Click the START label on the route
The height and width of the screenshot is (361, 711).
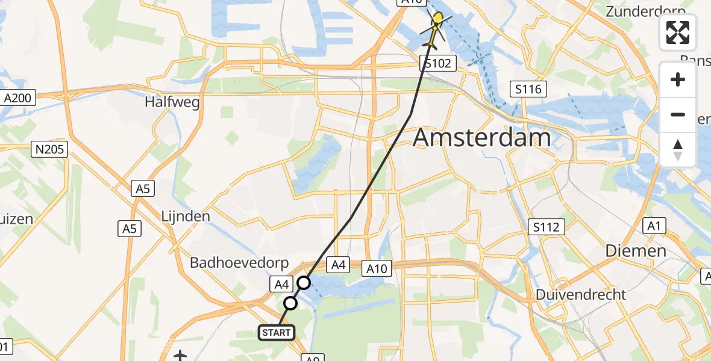click(x=277, y=332)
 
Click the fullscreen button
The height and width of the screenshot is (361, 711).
click(x=678, y=32)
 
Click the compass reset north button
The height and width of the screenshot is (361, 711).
click(x=678, y=150)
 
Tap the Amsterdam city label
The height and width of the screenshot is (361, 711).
click(x=481, y=138)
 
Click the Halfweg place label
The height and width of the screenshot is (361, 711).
click(x=172, y=102)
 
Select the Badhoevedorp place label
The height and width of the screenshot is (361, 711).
click(x=240, y=263)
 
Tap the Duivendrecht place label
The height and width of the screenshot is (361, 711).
click(x=581, y=295)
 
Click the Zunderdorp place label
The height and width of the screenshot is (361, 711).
click(x=645, y=11)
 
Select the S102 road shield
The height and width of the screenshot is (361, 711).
click(x=437, y=63)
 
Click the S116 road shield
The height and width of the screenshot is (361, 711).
click(x=528, y=90)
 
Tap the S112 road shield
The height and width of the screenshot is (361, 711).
click(x=547, y=227)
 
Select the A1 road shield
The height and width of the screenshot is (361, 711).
click(x=654, y=226)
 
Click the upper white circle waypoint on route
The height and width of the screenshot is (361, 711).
click(x=304, y=283)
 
